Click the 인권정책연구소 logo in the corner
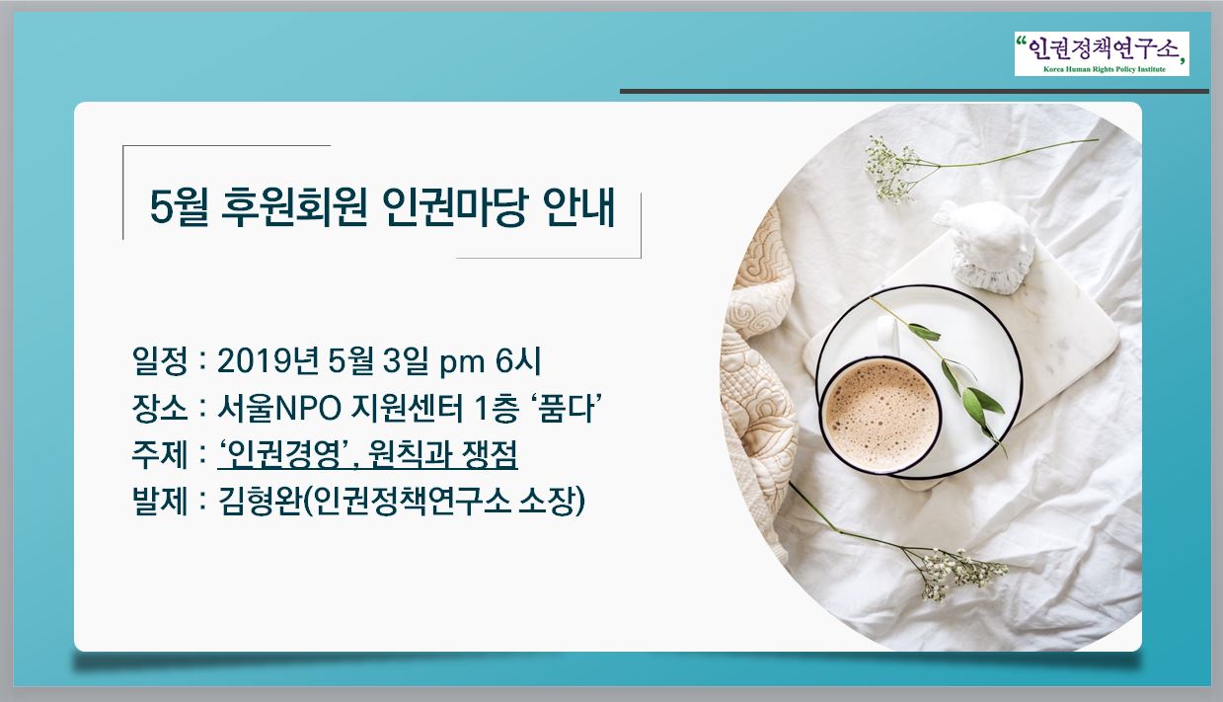point(1102,53)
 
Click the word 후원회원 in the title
point(295,207)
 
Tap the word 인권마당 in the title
point(455,207)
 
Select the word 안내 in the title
point(578,207)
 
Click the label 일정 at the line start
point(160,361)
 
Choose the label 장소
point(160,408)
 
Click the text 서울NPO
point(279,408)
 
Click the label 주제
point(160,454)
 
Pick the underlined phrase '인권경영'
point(284,454)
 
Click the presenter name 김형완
point(260,501)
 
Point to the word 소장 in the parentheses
point(545,501)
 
